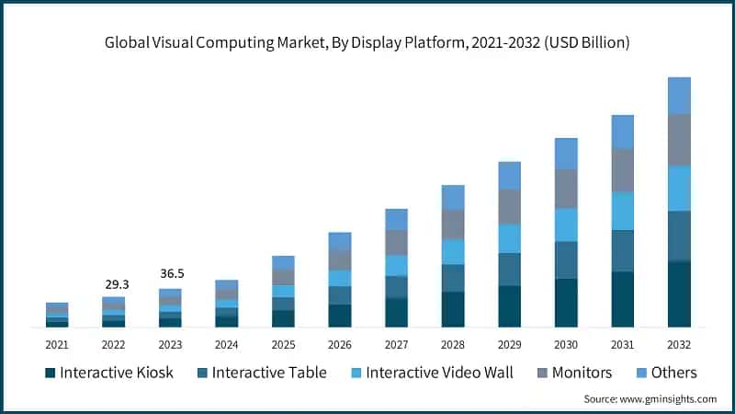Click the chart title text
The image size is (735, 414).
coord(367,43)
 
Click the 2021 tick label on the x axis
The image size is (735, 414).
coord(57,344)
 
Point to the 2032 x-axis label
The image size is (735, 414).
coord(679,344)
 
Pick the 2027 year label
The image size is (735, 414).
coord(396,344)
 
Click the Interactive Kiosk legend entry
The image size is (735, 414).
coord(111,373)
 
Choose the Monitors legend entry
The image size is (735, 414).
coord(580,373)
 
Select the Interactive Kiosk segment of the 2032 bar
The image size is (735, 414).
coord(679,294)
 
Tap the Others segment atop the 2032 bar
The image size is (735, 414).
coord(679,96)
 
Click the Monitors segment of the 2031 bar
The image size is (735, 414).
coord(623,170)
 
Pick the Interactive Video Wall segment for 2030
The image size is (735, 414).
coord(566,224)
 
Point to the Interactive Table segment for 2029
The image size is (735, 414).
coord(510,269)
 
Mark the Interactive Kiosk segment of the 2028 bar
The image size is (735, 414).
coord(453,309)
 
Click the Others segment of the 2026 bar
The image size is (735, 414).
coord(340,241)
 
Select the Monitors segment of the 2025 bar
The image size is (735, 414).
coord(283,277)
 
